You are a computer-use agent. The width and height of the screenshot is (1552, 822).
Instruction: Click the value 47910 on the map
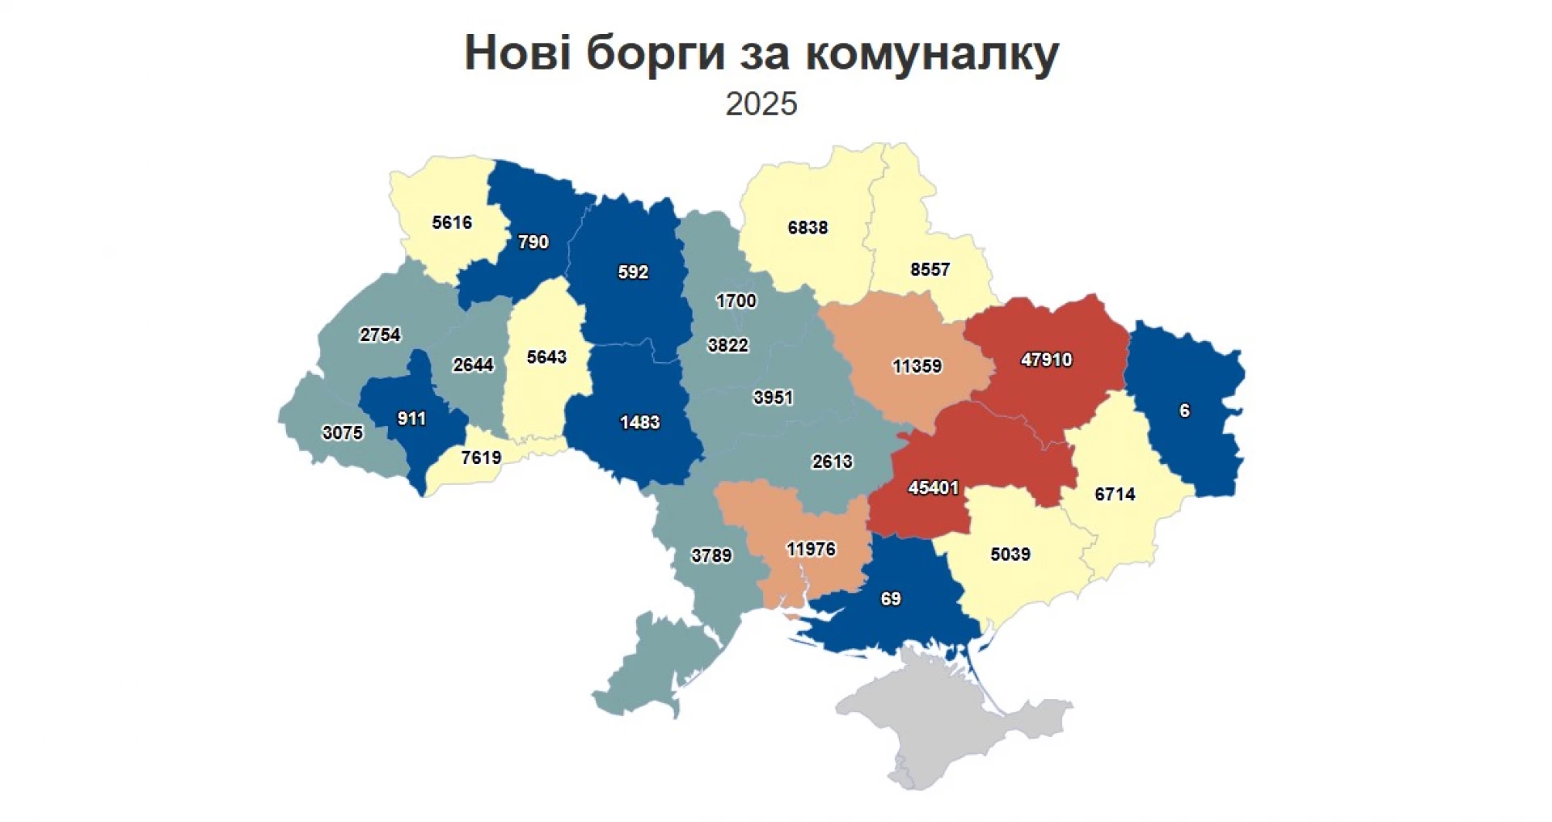1046,360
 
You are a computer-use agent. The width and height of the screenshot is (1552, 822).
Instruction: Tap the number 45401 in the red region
934,488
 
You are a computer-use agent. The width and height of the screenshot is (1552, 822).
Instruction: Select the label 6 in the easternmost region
1184,411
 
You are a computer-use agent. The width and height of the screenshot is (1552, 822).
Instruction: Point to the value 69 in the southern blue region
891,599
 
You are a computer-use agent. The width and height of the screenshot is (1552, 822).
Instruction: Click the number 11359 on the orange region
917,366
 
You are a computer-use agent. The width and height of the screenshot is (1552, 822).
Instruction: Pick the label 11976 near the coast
811,550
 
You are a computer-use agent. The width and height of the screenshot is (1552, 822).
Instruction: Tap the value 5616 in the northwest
452,222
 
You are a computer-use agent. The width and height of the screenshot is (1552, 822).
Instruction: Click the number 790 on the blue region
533,242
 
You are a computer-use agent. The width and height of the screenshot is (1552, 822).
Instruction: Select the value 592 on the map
633,272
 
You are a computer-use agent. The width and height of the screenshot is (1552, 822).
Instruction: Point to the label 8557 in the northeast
930,269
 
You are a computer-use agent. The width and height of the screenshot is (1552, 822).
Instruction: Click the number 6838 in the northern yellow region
808,228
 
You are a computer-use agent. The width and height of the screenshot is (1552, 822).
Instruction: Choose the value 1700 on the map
736,301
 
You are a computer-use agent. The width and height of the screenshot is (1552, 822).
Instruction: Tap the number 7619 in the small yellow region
481,457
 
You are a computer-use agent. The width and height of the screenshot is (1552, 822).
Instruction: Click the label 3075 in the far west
343,433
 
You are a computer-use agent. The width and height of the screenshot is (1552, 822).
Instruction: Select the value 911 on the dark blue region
411,419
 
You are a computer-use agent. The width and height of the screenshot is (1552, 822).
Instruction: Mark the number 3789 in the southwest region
711,556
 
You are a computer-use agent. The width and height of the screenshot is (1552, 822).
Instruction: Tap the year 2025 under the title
761,104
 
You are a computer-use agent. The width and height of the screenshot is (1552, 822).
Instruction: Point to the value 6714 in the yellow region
1115,494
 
